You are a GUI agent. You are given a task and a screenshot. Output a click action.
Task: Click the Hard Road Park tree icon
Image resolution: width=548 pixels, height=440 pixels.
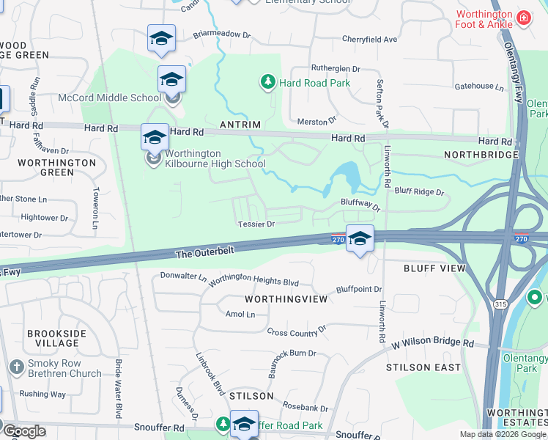268,82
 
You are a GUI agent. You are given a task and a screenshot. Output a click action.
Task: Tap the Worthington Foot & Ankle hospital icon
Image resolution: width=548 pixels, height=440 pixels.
523,18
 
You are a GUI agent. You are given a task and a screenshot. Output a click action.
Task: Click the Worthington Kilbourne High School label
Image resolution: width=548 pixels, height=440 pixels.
215,158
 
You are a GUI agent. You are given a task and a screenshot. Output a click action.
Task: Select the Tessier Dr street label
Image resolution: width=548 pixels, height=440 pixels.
255,224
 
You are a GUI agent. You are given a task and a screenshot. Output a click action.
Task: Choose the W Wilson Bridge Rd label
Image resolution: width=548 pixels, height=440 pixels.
432,343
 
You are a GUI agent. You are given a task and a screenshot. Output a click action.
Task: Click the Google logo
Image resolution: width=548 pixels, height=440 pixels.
24,431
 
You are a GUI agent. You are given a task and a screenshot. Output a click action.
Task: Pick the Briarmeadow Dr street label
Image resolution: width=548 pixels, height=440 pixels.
221,34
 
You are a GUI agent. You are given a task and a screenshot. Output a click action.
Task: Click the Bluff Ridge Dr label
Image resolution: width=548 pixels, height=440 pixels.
420,192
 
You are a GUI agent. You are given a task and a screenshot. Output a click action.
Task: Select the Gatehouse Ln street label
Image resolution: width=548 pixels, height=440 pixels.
479,87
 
